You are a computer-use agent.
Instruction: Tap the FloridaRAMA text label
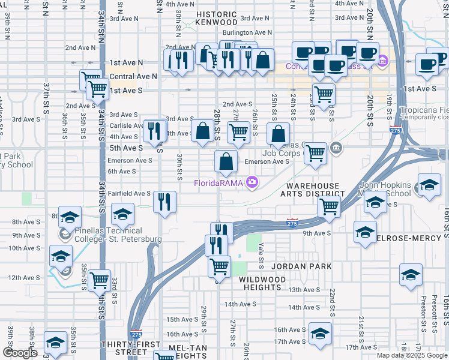point(220,182)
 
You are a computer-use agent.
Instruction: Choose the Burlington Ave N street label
point(247,33)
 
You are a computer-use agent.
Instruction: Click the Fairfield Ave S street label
point(129,194)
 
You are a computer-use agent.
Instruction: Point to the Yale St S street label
point(261,252)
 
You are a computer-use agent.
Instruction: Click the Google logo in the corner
point(20,353)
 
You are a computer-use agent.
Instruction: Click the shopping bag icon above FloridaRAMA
point(226,161)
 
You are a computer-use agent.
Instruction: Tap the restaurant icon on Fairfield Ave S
point(164,202)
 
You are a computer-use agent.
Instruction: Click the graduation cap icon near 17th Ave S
point(320,334)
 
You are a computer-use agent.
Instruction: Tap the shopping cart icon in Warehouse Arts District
point(329,207)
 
